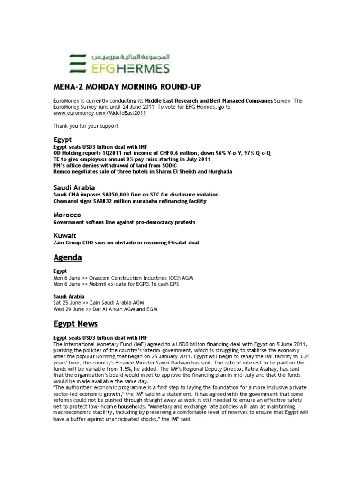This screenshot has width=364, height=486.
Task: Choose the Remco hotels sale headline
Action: (143, 171)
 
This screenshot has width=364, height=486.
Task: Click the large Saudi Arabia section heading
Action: (74, 188)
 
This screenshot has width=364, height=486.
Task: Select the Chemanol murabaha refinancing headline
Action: (130, 201)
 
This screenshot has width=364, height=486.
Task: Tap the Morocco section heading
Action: (67, 215)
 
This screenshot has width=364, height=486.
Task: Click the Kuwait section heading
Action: (64, 235)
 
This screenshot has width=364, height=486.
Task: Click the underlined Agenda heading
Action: (67, 258)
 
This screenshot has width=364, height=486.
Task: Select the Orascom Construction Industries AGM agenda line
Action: (123, 277)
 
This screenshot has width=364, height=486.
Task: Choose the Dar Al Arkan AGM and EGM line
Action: (105, 309)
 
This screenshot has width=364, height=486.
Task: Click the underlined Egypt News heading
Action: (75, 324)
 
